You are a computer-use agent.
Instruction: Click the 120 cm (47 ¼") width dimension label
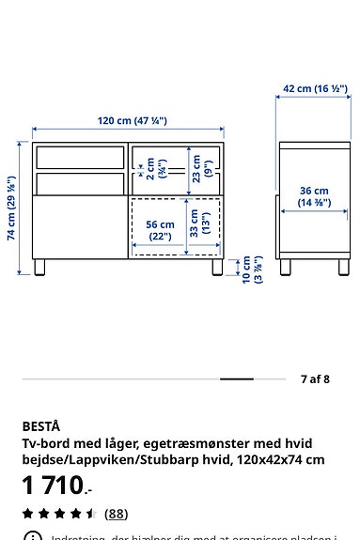pos(132,120)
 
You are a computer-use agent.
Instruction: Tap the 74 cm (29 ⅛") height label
pos(11,208)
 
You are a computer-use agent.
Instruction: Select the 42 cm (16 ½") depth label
pos(315,89)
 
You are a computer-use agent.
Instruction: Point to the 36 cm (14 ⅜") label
pos(314,196)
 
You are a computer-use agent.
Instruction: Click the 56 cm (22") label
pos(160,230)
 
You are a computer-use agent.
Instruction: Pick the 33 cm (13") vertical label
pos(200,224)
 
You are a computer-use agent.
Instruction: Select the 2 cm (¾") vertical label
pos(155,169)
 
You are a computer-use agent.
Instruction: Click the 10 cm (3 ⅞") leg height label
pos(252,270)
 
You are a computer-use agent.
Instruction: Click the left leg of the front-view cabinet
pos(39,266)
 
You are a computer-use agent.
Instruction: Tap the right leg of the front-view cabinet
pos(217,266)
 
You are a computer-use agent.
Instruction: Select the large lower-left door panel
pos(80,225)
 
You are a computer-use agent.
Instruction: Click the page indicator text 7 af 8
pos(315,379)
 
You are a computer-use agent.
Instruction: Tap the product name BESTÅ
pos(40,425)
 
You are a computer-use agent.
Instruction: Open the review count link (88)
pos(116,514)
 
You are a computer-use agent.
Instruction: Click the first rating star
pos(28,514)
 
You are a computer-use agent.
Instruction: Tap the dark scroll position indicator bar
pos(237,379)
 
